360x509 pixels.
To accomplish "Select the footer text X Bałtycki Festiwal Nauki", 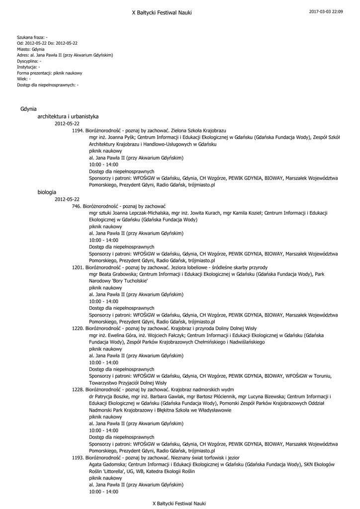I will point(179,503).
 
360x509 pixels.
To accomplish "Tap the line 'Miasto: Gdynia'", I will point(31,49).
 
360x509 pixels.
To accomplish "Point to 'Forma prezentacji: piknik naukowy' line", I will point(49,73).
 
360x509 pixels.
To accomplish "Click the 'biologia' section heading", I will point(47,191).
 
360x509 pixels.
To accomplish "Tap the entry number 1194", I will point(78,130).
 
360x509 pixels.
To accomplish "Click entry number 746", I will point(76,206).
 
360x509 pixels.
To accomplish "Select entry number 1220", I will point(78,329).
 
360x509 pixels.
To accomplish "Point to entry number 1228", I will point(78,390).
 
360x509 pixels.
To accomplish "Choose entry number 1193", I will point(78,457).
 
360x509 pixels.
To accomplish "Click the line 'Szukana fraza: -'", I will point(32,37).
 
